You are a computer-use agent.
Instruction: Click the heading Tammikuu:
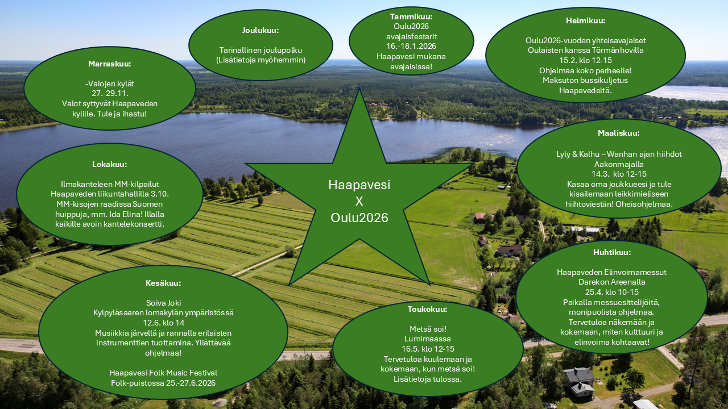(x=411, y=17)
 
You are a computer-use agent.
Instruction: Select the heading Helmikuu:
(x=585, y=20)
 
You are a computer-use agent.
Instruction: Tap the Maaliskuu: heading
(x=618, y=133)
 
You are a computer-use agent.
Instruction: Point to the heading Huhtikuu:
(x=611, y=252)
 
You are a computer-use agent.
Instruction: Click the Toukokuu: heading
(x=427, y=310)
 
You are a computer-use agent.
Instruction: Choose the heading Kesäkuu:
(x=163, y=283)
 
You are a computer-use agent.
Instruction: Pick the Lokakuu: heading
(x=110, y=164)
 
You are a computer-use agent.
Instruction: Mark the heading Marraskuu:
(x=110, y=64)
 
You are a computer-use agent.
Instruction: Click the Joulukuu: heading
(x=260, y=30)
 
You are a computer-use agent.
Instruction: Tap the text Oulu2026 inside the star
(x=359, y=218)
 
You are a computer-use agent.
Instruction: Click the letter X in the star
(x=359, y=201)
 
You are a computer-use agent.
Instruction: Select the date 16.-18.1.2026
(x=411, y=46)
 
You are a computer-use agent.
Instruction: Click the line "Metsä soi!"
(x=428, y=329)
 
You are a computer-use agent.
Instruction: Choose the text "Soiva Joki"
(x=163, y=303)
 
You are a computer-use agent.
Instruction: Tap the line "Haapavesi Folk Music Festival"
(x=163, y=373)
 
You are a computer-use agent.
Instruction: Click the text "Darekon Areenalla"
(x=611, y=282)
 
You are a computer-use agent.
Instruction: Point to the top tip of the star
(x=359, y=91)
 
